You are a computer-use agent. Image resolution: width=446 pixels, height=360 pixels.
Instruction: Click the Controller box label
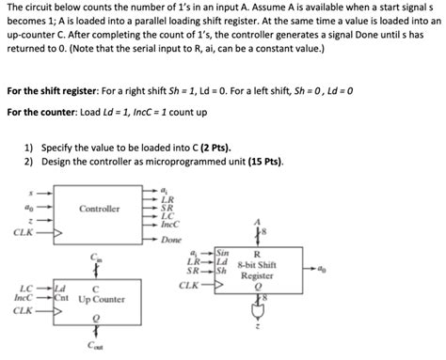(x=100, y=207)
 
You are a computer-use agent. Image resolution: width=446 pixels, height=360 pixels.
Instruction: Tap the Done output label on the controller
(x=170, y=240)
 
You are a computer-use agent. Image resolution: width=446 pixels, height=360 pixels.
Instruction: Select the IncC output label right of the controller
(x=169, y=224)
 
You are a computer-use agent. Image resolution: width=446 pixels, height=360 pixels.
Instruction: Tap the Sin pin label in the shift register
(x=222, y=254)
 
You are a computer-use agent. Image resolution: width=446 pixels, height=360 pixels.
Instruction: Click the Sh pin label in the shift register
(x=221, y=272)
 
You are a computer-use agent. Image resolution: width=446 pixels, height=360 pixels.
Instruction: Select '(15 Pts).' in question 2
(x=261, y=161)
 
